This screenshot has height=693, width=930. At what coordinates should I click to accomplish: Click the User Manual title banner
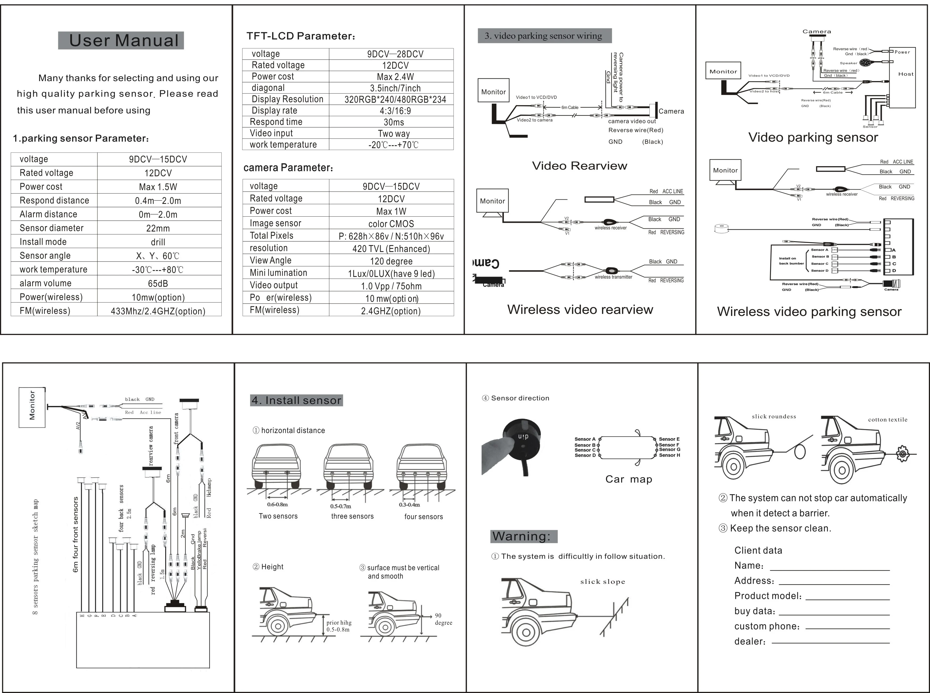tap(121, 41)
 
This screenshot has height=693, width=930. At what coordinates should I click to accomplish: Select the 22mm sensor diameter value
tap(158, 228)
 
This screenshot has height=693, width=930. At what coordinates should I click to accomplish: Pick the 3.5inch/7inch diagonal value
tap(395, 88)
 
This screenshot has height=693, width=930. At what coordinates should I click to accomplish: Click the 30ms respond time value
tap(394, 122)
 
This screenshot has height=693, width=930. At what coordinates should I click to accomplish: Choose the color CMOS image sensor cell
tap(391, 224)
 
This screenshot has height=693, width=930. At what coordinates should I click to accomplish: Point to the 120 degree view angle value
tap(391, 261)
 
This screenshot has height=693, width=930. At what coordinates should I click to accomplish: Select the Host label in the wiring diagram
tap(906, 74)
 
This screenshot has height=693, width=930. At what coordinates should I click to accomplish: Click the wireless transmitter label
tap(613, 277)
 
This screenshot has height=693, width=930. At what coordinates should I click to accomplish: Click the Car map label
tap(628, 479)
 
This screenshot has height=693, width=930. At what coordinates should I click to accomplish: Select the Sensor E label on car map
tap(669, 439)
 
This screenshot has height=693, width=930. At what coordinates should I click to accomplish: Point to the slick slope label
tap(602, 581)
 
